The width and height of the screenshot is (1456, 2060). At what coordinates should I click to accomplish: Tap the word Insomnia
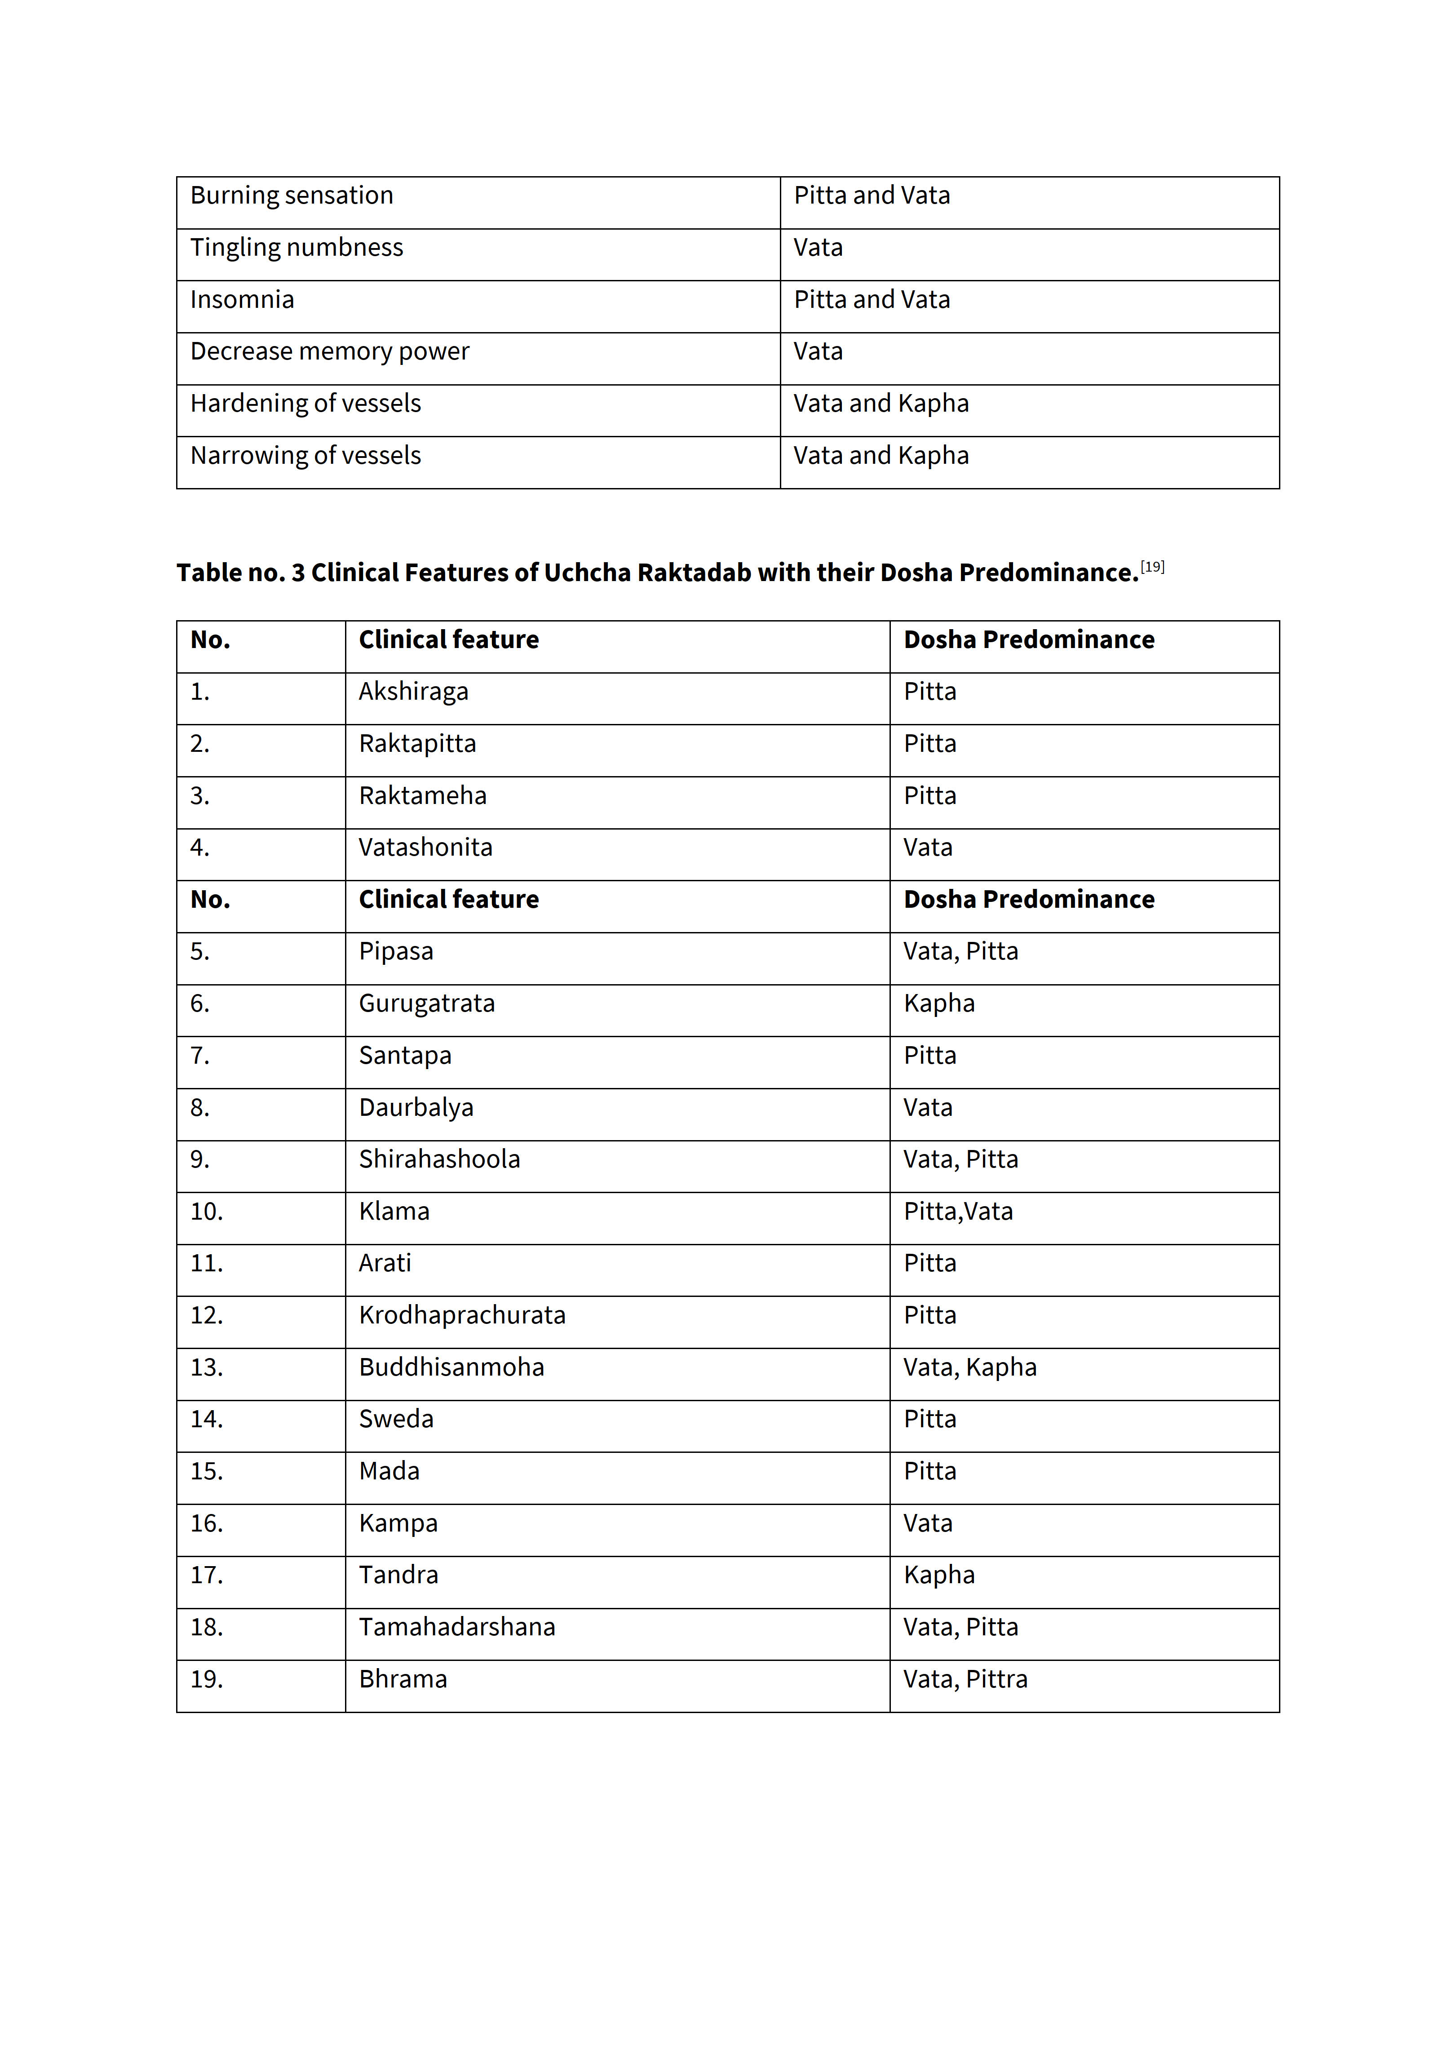pyautogui.click(x=242, y=300)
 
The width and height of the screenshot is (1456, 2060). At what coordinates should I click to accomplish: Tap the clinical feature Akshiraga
pyautogui.click(x=414, y=692)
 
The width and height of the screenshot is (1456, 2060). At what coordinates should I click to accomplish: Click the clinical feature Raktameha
pyautogui.click(x=423, y=796)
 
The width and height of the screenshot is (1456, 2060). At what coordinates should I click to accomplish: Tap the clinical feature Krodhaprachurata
pyautogui.click(x=462, y=1315)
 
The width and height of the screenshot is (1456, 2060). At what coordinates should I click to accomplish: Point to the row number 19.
pyautogui.click(x=206, y=1679)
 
